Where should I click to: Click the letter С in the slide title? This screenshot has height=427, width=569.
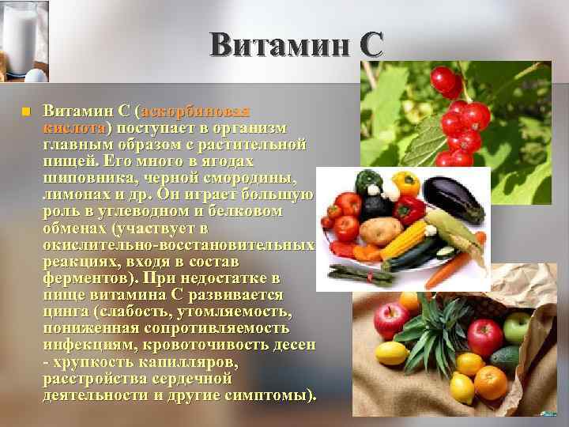pos(369,44)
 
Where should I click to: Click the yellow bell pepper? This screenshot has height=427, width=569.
pos(405,183)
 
